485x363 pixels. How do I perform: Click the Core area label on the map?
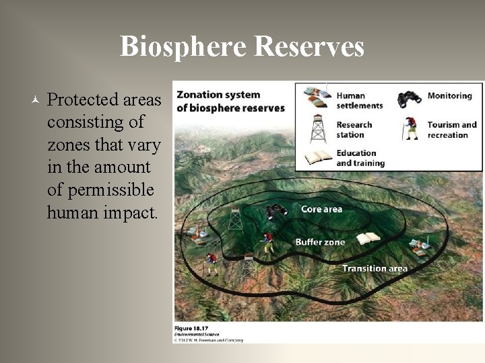tap(321, 209)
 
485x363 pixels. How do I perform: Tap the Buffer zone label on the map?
tap(319, 242)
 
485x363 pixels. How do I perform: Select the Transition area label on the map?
tap(375, 268)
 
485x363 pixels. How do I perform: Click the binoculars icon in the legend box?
tap(410, 98)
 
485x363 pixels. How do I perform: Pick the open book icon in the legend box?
tap(317, 157)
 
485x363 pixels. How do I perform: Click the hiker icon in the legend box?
tap(410, 128)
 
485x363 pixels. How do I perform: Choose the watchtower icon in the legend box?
tap(318, 128)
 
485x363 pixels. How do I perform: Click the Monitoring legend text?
tap(449, 95)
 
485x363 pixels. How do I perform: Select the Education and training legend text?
tap(360, 158)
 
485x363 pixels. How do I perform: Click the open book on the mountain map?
tap(368, 239)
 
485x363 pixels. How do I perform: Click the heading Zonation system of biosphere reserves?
tap(230, 101)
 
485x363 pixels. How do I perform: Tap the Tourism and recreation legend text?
tap(452, 130)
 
